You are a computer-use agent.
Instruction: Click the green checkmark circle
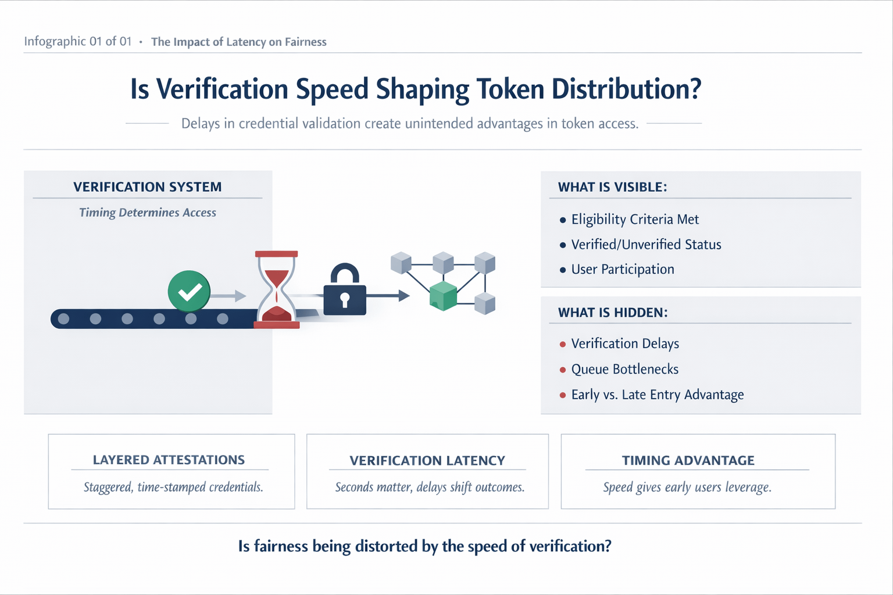(189, 291)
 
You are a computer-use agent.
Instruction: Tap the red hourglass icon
(277, 289)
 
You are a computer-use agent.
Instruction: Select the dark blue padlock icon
(345, 291)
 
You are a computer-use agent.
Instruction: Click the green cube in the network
(443, 296)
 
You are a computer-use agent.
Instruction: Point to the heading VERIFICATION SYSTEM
(148, 187)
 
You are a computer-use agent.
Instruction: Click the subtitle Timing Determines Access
(148, 213)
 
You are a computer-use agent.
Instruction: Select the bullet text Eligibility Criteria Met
(635, 220)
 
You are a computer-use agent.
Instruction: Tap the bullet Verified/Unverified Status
(646, 245)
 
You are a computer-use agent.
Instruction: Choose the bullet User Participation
(623, 270)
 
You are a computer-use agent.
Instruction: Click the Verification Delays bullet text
(625, 344)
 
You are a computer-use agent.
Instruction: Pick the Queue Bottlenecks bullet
(625, 370)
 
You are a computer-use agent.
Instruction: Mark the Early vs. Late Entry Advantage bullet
(658, 395)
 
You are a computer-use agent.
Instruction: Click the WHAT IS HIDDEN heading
(613, 313)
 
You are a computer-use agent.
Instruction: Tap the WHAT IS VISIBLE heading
(612, 187)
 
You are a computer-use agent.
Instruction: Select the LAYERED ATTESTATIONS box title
(169, 460)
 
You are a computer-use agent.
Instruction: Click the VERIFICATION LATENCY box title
(427, 461)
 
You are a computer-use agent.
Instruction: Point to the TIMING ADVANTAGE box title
(688, 461)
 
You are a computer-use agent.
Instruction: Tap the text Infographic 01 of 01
(78, 41)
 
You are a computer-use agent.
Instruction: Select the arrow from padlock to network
(388, 296)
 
